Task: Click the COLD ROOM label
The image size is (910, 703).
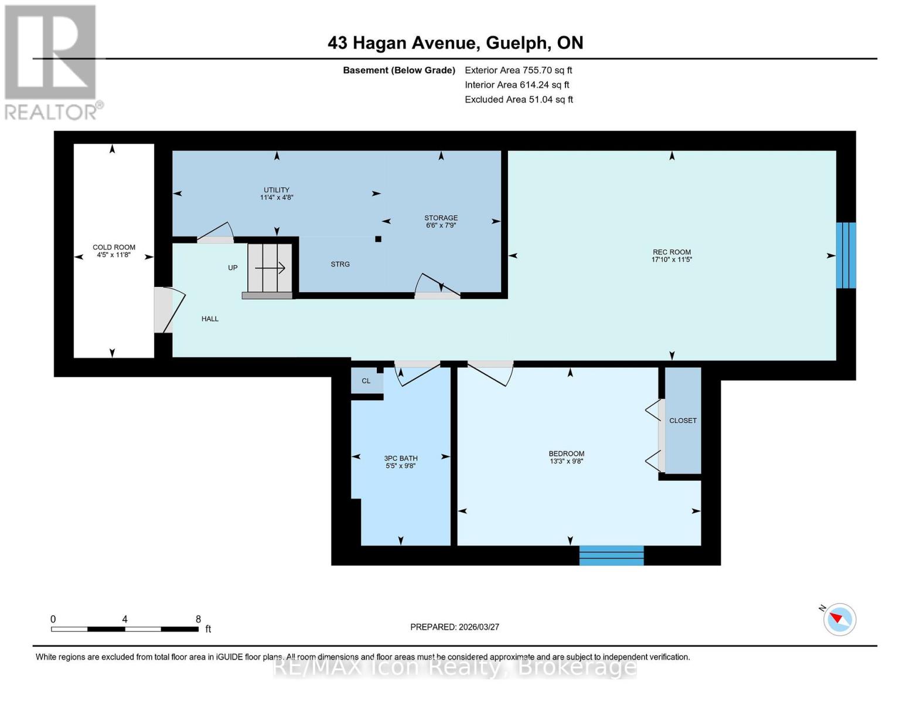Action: pos(114,247)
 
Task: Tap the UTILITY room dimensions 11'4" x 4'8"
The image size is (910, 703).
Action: pos(277,197)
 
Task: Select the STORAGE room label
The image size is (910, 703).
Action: pos(441,218)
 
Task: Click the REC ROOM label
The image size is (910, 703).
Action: pos(672,252)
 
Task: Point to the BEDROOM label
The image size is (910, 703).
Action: pos(566,453)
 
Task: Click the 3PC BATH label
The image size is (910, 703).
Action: pos(401,458)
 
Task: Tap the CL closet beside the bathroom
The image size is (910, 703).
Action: pos(366,381)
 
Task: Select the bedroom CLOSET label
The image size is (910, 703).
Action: pos(683,421)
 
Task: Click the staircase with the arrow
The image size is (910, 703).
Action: pos(270,268)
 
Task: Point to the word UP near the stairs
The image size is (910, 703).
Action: pos(233,268)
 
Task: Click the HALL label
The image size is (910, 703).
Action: pos(210,319)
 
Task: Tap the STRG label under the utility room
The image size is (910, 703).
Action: pos(340,264)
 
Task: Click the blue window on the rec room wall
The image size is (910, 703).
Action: pos(846,255)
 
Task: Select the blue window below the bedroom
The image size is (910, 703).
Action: pos(611,555)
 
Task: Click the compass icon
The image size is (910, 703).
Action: pos(840,619)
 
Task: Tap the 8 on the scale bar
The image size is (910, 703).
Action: pos(198,619)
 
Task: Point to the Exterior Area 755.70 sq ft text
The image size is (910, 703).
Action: pos(518,70)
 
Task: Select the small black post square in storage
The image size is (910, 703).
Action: pos(379,239)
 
